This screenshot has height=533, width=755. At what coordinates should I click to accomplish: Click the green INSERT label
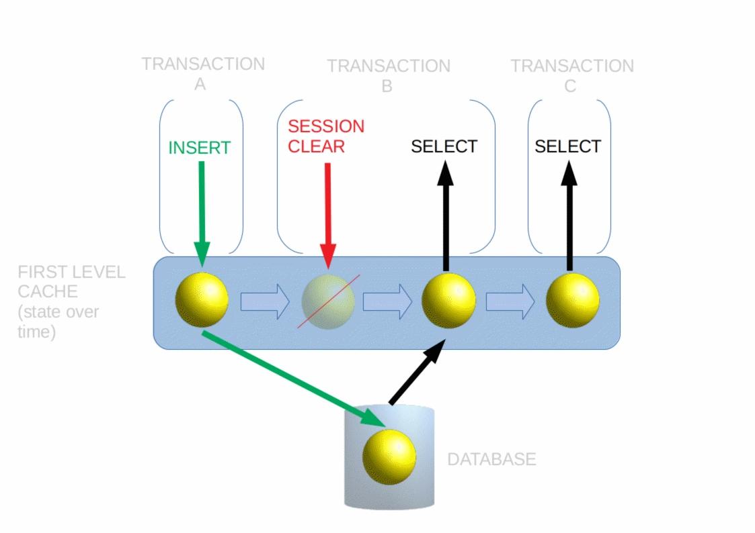[x=200, y=148]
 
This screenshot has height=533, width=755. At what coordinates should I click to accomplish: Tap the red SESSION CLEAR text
[x=326, y=136]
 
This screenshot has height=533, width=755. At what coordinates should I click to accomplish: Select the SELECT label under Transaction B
[x=444, y=146]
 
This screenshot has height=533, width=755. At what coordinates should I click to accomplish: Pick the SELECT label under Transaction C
[x=567, y=146]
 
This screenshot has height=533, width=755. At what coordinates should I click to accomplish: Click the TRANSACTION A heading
[x=203, y=74]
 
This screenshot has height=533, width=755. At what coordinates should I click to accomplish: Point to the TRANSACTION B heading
[x=389, y=75]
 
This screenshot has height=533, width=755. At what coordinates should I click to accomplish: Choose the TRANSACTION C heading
[x=572, y=75]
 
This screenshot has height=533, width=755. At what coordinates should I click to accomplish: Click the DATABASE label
[x=491, y=459]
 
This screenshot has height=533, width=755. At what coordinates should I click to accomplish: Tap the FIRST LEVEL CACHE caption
[x=71, y=301]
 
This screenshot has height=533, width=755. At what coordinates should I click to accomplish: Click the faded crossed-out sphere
[x=328, y=301]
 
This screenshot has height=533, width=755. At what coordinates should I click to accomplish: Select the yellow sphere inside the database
[x=389, y=456]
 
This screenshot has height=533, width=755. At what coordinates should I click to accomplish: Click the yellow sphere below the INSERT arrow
[x=202, y=300]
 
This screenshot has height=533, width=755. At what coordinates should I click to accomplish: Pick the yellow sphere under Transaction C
[x=573, y=300]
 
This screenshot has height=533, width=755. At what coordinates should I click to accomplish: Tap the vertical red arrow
[x=328, y=215]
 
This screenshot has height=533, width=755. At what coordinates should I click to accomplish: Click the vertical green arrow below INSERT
[x=202, y=214]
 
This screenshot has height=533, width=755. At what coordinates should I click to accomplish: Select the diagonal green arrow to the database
[x=294, y=379]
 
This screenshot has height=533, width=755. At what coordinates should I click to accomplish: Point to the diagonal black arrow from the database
[x=417, y=372]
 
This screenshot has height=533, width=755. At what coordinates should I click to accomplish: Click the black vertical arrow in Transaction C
[x=569, y=215]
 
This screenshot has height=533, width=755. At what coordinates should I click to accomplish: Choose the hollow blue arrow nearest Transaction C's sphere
[x=510, y=302]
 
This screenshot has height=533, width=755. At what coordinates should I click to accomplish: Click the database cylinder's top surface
[x=389, y=416]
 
